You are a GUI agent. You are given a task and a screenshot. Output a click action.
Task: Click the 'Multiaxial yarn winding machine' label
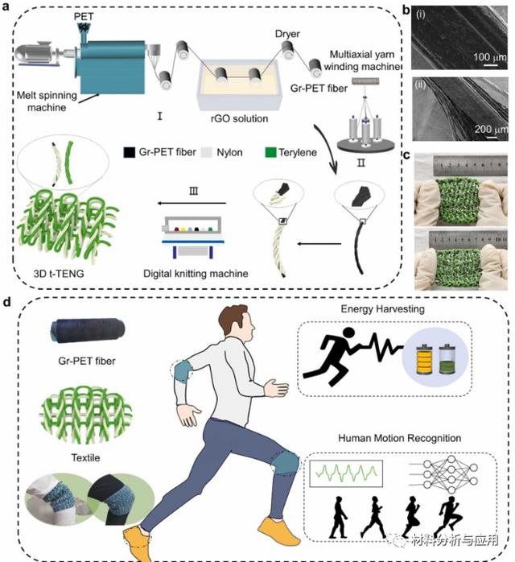pyautogui.click(x=370, y=60)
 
